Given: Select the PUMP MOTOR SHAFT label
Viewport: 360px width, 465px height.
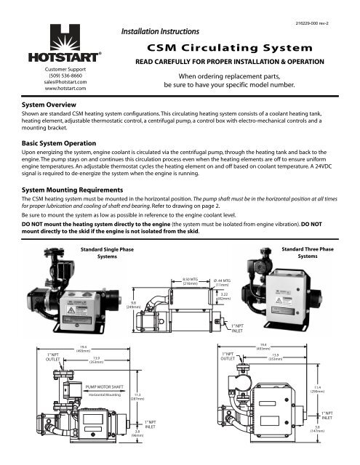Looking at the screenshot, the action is (106, 388).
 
